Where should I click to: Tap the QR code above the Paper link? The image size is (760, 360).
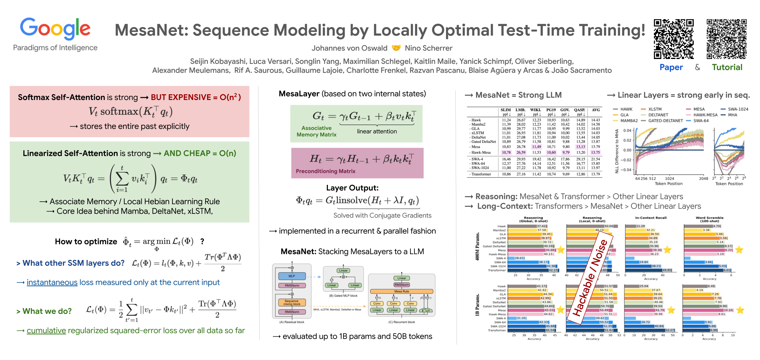point(674,39)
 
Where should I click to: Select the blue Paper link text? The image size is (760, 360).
point(671,67)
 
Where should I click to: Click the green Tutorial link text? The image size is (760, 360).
point(727,67)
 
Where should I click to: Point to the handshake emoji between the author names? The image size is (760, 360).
point(396,48)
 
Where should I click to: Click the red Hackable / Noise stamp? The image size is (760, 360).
point(590,278)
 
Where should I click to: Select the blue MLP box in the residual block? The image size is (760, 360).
point(292,276)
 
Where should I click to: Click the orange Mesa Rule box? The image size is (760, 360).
point(401,291)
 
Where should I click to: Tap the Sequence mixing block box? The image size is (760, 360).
point(292,303)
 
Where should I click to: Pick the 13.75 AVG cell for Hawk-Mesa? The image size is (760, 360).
point(596,153)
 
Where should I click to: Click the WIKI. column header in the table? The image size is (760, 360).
point(535,110)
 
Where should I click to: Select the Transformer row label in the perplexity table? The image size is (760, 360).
point(481,174)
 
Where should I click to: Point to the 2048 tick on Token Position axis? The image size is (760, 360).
point(703,179)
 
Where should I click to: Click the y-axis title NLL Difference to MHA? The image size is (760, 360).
point(617,151)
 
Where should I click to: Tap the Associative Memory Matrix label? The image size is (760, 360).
point(316,131)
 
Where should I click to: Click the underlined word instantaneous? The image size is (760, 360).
point(52,282)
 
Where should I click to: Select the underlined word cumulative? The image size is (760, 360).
point(46,331)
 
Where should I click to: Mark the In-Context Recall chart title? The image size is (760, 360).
point(651,218)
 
